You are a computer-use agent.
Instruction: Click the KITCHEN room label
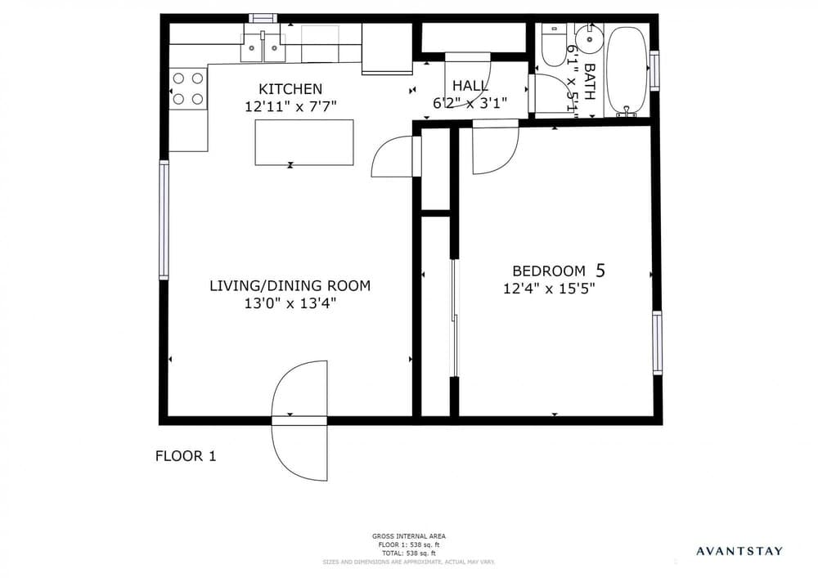tap(290, 88)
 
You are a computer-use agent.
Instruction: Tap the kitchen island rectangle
tap(304, 142)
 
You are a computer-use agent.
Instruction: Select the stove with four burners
tap(187, 89)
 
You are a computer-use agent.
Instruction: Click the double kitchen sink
tap(263, 47)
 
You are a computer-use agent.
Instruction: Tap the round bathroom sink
tap(588, 36)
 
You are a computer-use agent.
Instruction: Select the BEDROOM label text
tap(548, 271)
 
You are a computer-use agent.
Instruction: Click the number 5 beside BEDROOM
tap(601, 270)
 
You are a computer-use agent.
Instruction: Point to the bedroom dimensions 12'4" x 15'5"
tap(548, 288)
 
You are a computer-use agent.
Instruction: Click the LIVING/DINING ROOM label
tap(290, 285)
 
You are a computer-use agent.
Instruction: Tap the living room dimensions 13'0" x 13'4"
tap(290, 303)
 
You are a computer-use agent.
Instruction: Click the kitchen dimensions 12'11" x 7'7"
tap(290, 105)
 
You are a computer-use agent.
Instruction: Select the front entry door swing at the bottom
tap(299, 421)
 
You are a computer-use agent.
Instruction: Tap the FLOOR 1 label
tap(186, 456)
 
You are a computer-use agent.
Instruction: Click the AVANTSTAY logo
tap(739, 551)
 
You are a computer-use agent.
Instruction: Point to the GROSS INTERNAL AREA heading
tap(408, 536)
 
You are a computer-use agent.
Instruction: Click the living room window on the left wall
tap(164, 220)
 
